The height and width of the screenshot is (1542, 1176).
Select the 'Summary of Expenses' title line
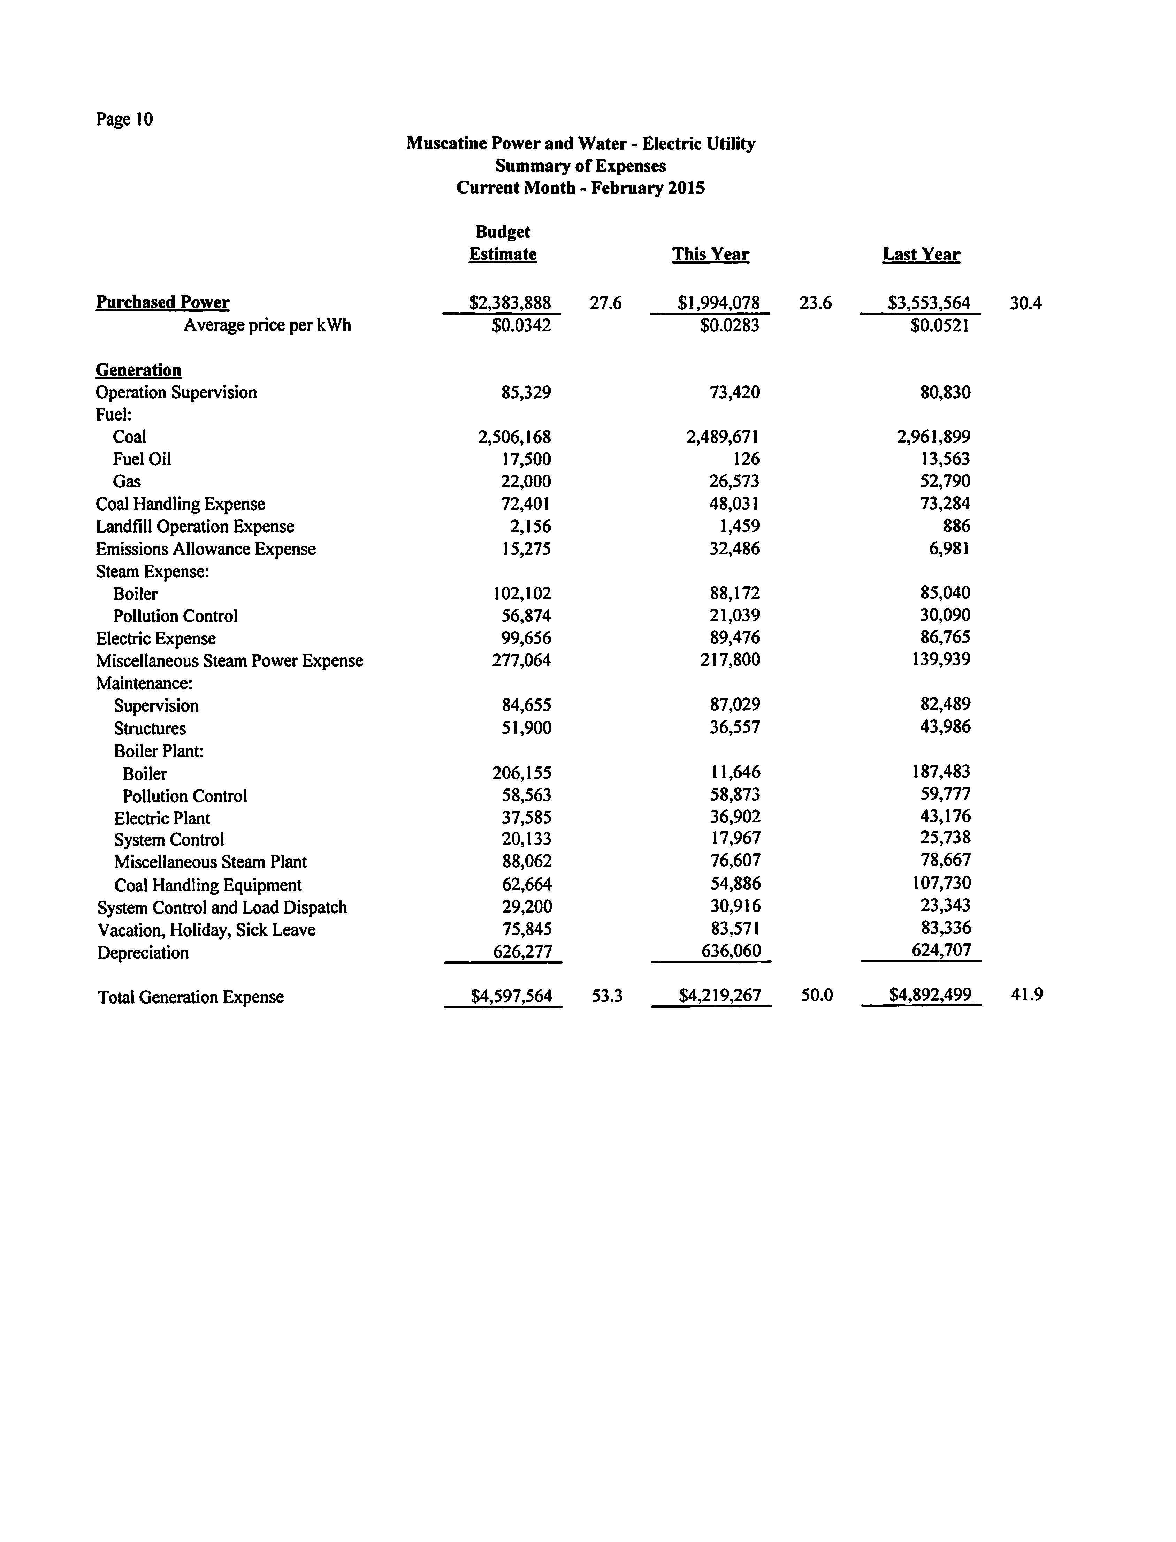point(580,166)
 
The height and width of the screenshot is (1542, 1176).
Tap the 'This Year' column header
point(710,254)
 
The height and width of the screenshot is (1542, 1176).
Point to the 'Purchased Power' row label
point(162,303)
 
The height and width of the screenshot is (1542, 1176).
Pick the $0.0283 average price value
point(730,326)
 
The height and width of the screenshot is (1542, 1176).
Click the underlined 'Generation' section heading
point(139,370)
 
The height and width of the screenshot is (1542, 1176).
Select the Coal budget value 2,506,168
point(514,437)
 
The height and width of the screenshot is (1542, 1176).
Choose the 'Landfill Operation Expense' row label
point(194,527)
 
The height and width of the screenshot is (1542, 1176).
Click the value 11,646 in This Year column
point(735,772)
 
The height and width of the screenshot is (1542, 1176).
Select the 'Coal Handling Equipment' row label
point(208,885)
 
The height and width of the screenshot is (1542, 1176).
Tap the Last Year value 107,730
point(941,883)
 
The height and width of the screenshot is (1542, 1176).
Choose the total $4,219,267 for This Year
point(720,995)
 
